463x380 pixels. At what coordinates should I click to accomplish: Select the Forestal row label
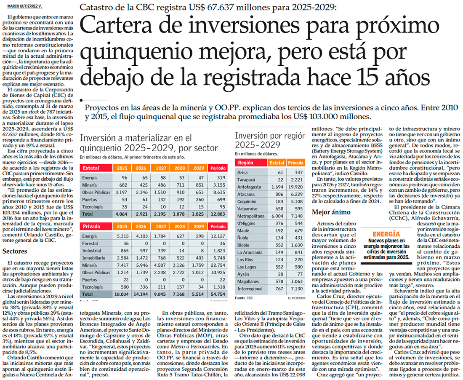click(90, 244)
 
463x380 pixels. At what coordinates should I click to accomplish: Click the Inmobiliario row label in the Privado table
click(94, 258)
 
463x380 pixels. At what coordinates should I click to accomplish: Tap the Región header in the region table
click(245, 162)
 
